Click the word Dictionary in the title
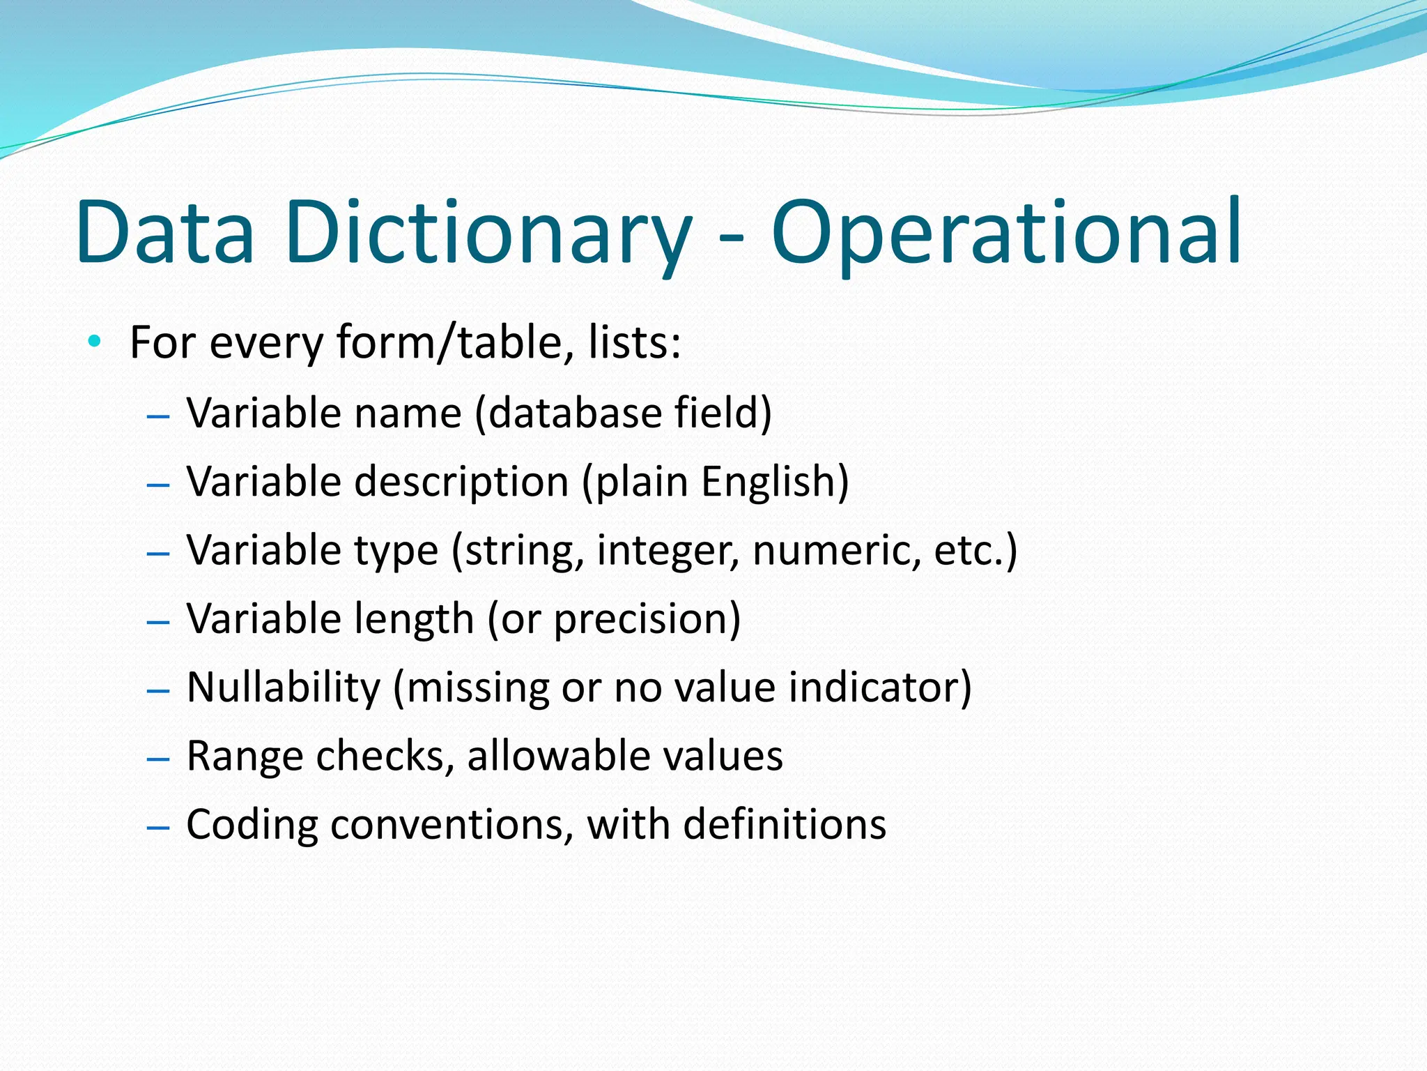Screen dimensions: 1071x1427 (x=488, y=234)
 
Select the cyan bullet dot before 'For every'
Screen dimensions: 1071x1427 (x=95, y=342)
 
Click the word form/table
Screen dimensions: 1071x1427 (x=455, y=343)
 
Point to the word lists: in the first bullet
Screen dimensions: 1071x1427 (x=634, y=343)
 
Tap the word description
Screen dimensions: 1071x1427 (x=461, y=482)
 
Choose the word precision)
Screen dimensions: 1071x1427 (x=647, y=619)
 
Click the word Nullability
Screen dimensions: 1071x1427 (x=284, y=688)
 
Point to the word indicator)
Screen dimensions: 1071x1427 (x=880, y=688)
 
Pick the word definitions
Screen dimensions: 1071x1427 (x=785, y=825)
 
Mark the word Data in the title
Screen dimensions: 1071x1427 (x=166, y=234)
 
